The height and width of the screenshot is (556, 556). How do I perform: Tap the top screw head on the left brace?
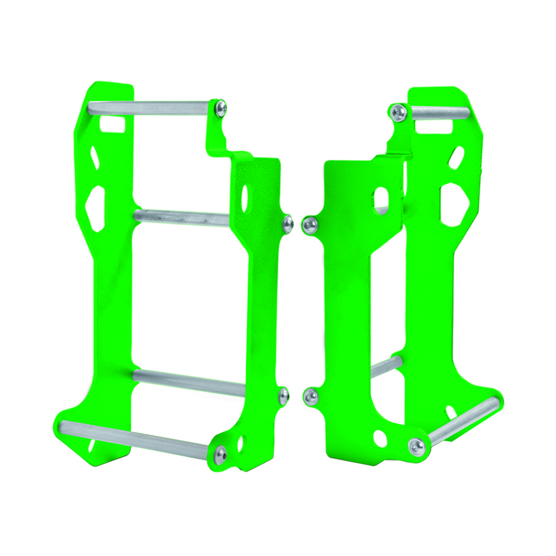[221, 108]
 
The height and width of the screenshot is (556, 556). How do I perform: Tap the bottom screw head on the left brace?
[221, 454]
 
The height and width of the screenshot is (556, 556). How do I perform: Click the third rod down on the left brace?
[189, 384]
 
